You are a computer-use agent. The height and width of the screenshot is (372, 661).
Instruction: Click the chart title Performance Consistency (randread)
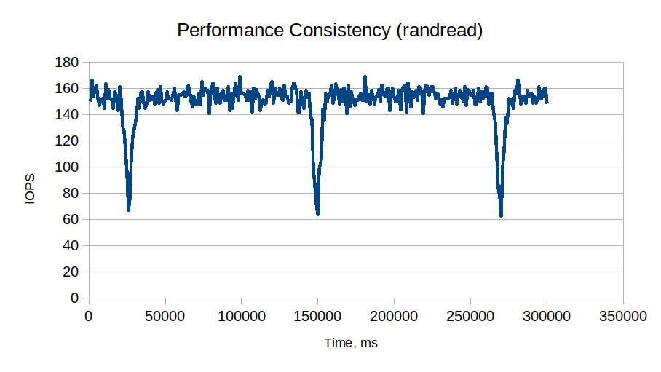330,31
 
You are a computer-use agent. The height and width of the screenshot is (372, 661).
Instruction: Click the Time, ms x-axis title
351,343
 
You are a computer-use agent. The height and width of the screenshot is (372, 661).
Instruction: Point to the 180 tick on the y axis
67,63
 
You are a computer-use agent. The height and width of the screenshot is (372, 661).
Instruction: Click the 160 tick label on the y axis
67,89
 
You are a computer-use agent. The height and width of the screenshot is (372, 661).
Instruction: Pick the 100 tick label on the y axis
67,167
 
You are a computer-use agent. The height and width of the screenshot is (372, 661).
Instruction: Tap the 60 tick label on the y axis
71,220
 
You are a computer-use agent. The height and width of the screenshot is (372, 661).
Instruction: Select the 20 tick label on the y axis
71,272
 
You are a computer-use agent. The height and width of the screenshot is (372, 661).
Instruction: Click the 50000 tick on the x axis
165,317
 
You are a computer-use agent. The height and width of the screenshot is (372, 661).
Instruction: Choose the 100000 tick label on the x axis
241,317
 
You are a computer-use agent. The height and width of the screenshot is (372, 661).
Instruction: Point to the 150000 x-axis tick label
317,317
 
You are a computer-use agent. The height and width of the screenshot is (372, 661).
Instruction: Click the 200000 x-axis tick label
394,317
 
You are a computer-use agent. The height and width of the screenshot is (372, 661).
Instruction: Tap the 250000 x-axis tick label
470,317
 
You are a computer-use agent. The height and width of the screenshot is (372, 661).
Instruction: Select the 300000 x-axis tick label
547,317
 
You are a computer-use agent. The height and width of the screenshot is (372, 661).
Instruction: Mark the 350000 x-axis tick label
623,317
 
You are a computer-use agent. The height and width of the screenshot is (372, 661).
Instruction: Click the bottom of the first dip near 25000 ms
129,210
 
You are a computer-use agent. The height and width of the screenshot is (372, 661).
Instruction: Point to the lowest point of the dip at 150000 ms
318,214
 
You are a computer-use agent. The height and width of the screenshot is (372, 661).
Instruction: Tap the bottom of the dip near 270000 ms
502,215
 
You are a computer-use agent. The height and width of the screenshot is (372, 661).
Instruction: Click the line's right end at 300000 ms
547,101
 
